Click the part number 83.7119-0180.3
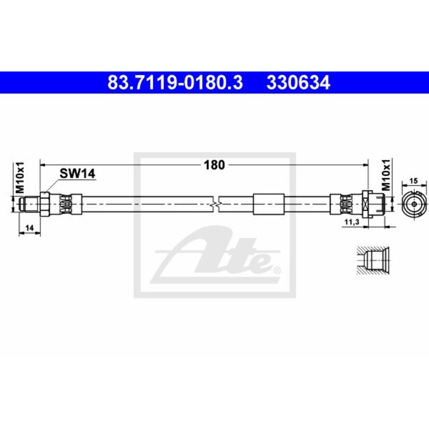pos(175,83)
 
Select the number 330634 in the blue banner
pos(298,83)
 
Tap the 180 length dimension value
pos(214,165)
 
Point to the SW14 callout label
pos(77,173)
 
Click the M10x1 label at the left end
pos(20,178)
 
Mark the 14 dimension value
pos(29,228)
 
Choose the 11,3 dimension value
pos(352,222)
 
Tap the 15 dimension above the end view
pos(414,181)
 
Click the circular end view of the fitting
pos(414,204)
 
